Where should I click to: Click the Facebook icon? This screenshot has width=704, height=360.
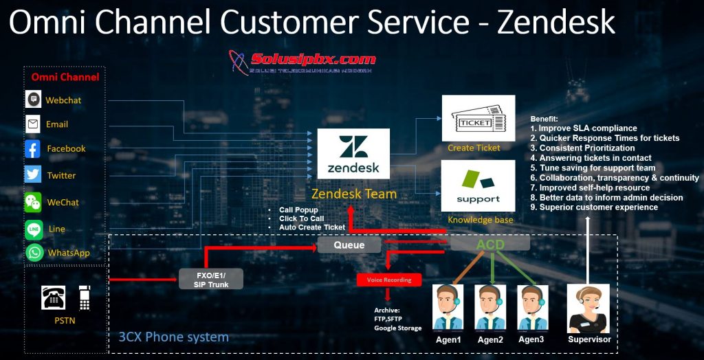33,149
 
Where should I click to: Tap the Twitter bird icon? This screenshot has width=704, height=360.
33,175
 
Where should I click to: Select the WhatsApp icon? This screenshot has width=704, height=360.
34,252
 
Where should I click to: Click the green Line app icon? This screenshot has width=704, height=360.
34,228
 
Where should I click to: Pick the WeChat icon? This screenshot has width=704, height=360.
33,202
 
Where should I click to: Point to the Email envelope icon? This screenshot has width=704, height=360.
33,124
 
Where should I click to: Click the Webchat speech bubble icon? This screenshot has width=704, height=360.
33,100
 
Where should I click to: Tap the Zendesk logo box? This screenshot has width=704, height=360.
353,153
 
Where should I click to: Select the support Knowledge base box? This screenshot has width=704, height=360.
478,186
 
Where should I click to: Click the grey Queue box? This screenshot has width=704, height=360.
349,245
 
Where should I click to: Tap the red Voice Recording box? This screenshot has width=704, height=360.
388,280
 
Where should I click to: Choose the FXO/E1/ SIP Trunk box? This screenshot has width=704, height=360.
210,278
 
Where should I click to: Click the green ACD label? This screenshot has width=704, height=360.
490,245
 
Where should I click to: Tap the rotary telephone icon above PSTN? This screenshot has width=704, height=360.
54,297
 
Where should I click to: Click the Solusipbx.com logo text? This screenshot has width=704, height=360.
313,59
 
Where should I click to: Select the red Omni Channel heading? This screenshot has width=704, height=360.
65,77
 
